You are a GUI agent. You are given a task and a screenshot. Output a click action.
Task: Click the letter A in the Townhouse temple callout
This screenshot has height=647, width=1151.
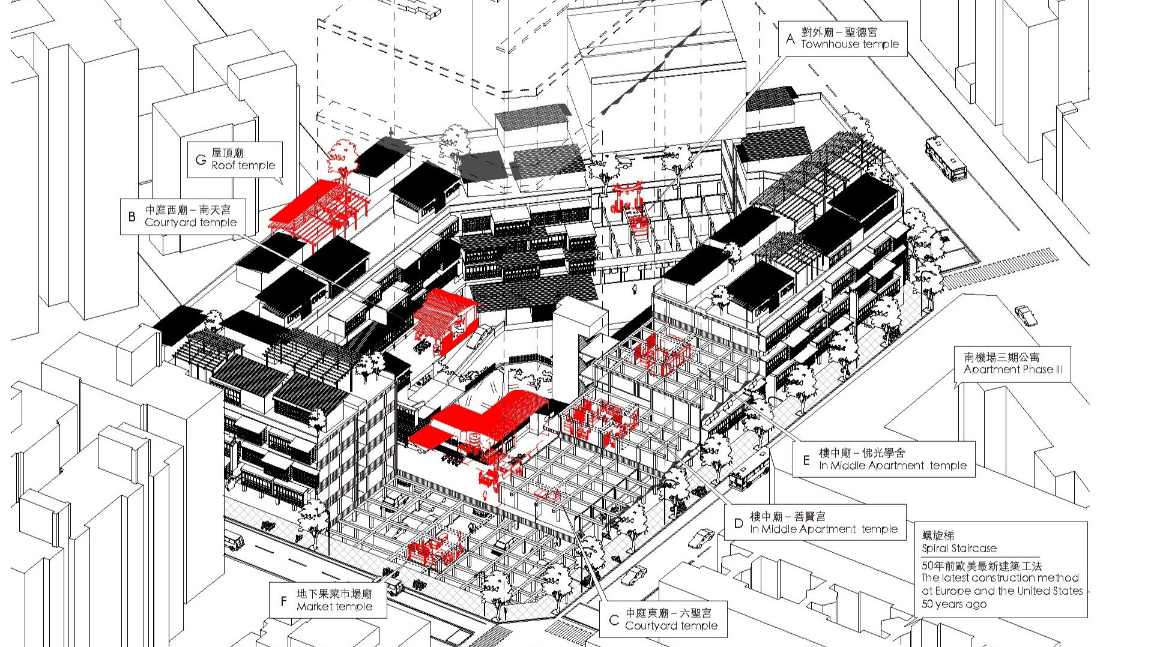pos(790,38)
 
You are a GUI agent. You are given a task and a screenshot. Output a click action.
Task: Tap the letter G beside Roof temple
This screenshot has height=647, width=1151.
pos(201,160)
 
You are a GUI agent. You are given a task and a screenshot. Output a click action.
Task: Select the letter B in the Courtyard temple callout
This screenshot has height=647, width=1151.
pos(132,216)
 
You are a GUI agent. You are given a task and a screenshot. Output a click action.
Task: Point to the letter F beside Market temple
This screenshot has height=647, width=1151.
pos(283,600)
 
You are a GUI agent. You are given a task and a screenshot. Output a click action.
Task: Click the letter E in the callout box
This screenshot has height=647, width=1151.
pos(807,460)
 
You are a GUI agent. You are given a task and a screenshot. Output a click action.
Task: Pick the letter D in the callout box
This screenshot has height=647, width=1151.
pos(739,523)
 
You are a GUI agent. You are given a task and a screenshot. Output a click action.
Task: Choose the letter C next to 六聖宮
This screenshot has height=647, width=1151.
pos(614,620)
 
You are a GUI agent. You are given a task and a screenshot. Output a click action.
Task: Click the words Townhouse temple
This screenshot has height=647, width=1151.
pos(850,44)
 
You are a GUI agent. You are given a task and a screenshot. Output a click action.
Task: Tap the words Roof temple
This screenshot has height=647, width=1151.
pos(243,166)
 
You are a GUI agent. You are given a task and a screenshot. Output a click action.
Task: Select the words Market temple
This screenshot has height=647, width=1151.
pos(334,607)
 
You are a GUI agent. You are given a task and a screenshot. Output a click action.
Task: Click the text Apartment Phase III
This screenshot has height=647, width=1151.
pos(1014,370)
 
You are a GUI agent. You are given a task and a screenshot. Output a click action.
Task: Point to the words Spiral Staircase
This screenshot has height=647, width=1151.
pos(959,548)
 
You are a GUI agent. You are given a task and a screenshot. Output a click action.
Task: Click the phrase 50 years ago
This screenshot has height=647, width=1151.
pos(954,604)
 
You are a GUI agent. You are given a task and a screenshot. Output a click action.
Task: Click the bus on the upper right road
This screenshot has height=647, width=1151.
pos(946,159)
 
